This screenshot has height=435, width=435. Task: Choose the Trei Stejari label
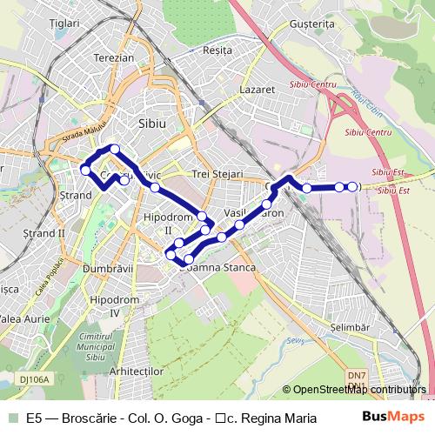(220, 174)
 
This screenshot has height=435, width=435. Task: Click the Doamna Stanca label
(217, 267)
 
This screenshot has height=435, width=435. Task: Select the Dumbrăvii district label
(107, 270)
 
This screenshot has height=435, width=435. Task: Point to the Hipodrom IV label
(116, 305)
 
